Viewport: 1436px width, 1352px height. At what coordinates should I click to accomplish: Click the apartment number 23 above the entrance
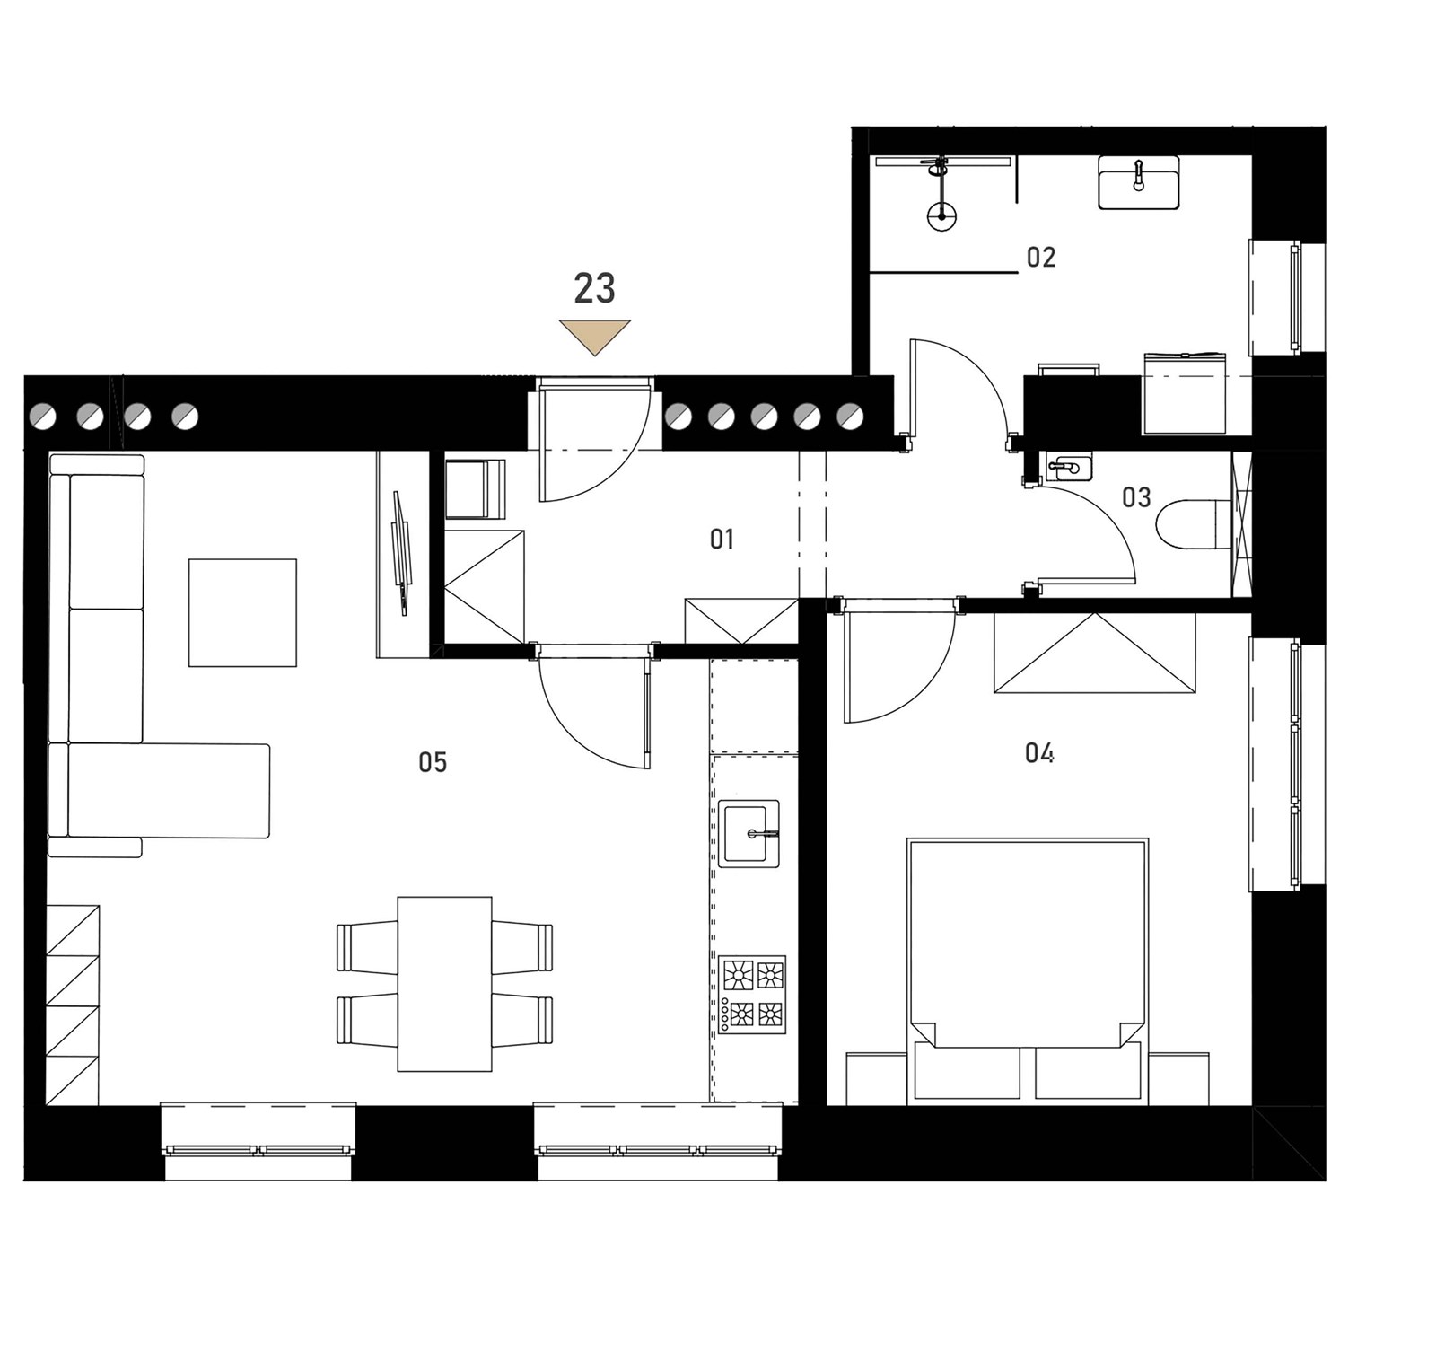pos(594,288)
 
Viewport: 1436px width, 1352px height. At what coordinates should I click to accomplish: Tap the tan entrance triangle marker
pos(594,337)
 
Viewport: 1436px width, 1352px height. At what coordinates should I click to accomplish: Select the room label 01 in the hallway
pos(722,539)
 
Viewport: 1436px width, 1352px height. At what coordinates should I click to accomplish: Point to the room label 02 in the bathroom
pos(1040,258)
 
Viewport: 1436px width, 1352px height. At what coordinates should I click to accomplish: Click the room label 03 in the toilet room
pos(1136,497)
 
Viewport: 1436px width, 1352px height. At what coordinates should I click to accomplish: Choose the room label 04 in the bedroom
pos(1039,752)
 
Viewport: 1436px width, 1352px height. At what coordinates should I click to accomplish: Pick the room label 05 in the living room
pos(433,762)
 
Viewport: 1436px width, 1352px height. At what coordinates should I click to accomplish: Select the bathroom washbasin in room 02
pos(1139,182)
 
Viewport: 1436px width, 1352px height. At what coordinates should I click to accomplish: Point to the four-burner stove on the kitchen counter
pos(752,994)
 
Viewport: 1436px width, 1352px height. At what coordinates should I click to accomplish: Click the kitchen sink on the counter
pos(749,833)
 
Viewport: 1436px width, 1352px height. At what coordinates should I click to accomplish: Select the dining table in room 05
pos(444,984)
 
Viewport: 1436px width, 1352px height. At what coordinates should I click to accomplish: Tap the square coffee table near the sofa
pos(242,612)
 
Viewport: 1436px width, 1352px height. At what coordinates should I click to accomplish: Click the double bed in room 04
pos(1028,970)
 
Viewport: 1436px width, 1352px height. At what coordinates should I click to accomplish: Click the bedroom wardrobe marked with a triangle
pos(1094,653)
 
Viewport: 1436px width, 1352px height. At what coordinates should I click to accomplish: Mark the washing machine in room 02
pos(1185,393)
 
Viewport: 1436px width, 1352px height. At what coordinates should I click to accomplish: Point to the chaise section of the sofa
pos(169,791)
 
